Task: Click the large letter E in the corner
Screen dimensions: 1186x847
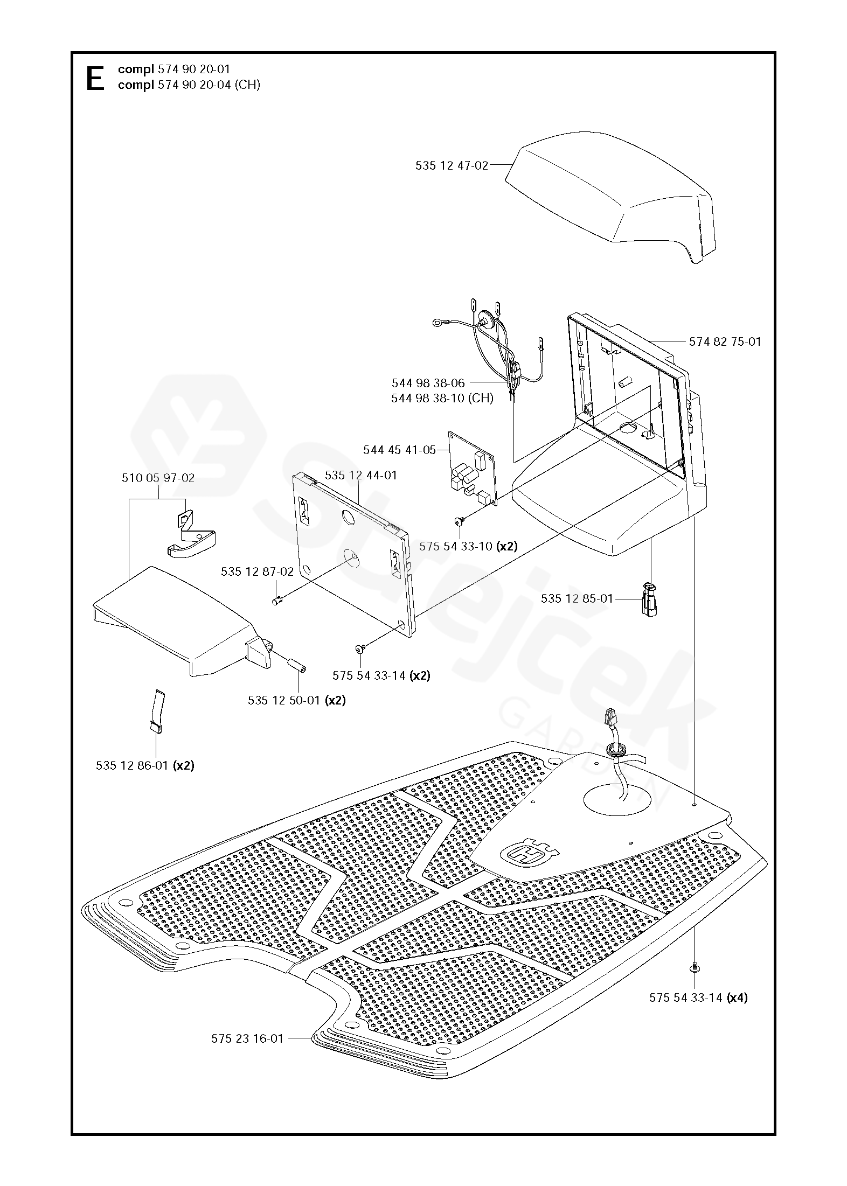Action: pyautogui.click(x=95, y=79)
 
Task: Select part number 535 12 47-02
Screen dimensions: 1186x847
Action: pyautogui.click(x=451, y=166)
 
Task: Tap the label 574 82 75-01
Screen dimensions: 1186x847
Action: pyautogui.click(x=725, y=341)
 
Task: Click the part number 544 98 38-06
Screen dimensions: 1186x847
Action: pyautogui.click(x=428, y=383)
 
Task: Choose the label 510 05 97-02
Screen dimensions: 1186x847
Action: pyautogui.click(x=158, y=478)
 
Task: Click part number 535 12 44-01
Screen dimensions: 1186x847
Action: pyautogui.click(x=360, y=475)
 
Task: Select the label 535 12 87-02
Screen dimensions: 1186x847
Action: pyautogui.click(x=257, y=571)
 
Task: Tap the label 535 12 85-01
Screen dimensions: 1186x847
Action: pyautogui.click(x=577, y=598)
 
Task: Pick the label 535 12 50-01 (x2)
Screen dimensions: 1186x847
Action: pyautogui.click(x=296, y=700)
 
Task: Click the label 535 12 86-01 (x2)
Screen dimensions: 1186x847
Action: pyautogui.click(x=145, y=765)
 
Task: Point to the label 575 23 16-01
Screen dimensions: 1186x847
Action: pyautogui.click(x=247, y=1038)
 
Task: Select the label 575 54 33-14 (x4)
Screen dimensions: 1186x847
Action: pyautogui.click(x=698, y=997)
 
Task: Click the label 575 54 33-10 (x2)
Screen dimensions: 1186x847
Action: pyautogui.click(x=468, y=546)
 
